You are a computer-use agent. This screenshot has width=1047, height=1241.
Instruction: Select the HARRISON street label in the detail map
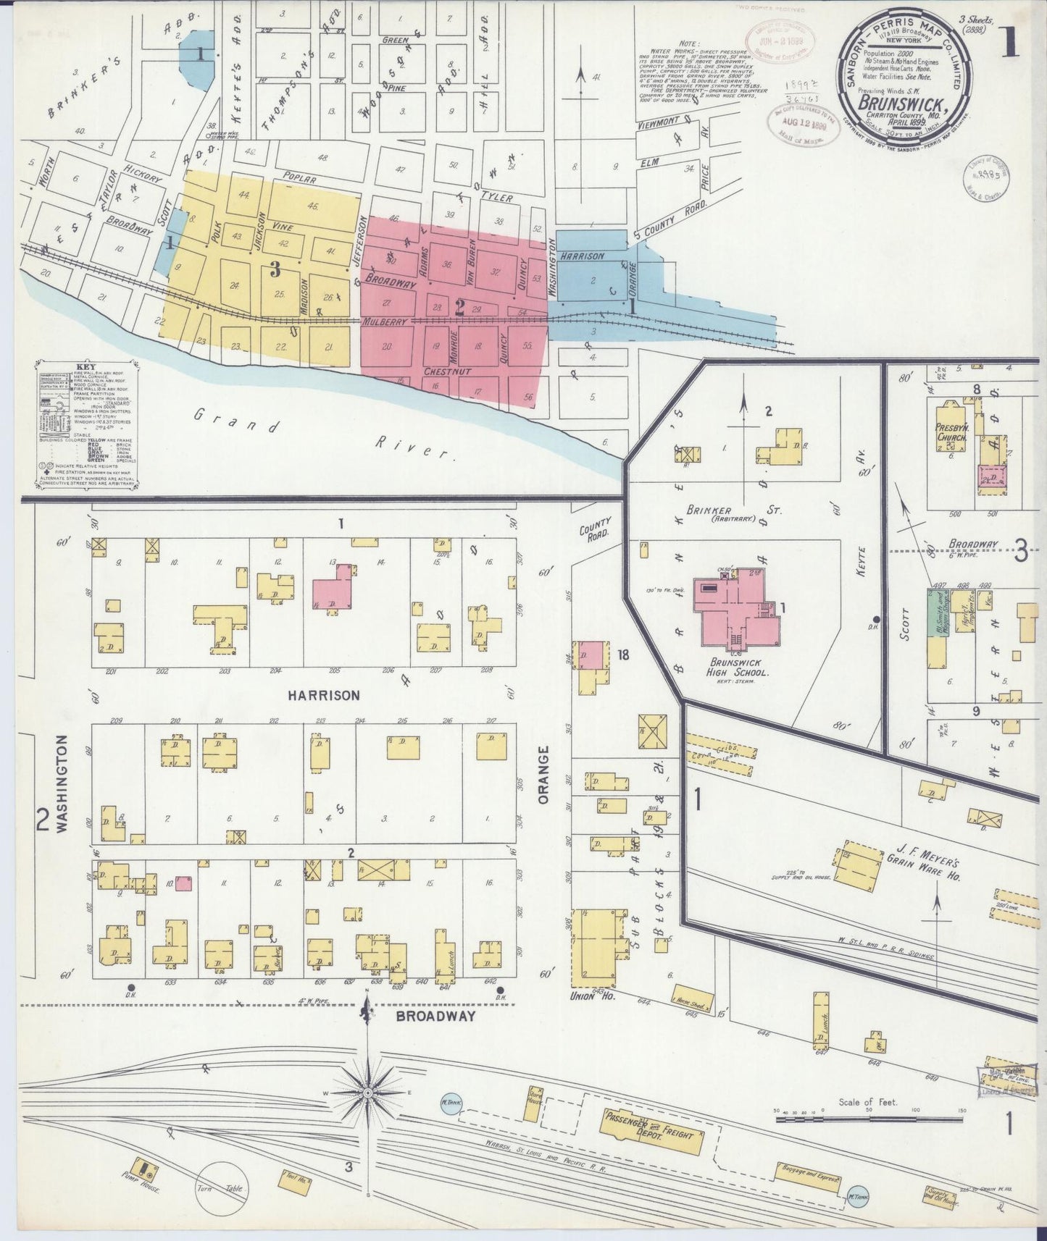coord(323,695)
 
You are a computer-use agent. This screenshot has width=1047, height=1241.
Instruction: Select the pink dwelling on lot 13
coord(333,586)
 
